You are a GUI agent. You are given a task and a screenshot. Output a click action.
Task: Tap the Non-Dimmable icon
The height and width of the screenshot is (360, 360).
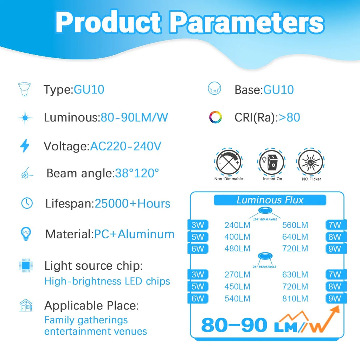tap(229, 162)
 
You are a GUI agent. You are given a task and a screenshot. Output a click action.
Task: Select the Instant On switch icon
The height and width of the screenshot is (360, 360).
tap(272, 162)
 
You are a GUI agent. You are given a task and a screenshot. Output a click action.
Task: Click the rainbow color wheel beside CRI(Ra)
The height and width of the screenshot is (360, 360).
tap(215, 117)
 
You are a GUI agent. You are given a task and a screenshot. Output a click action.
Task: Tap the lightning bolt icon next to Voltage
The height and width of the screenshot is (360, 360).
tap(25, 146)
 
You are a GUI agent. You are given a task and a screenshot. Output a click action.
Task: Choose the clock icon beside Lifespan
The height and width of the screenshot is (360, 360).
tap(27, 203)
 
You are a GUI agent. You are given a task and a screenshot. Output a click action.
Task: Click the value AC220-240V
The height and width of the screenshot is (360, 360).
tap(126, 146)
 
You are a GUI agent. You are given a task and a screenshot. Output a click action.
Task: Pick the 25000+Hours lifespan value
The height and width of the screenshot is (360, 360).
tap(132, 204)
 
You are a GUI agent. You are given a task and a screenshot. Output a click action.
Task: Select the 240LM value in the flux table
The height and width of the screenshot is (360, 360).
tap(237, 225)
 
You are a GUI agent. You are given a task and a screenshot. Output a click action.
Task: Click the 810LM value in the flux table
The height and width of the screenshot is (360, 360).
tap(295, 298)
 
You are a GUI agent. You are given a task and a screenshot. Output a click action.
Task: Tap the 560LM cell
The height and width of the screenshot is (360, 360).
tap(295, 225)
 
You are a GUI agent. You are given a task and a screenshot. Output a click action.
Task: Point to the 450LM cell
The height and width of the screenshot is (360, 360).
tap(237, 287)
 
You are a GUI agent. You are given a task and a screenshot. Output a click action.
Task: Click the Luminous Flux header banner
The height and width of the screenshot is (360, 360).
tap(270, 200)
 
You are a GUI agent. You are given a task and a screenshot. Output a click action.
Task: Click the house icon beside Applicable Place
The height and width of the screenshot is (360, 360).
tap(26, 305)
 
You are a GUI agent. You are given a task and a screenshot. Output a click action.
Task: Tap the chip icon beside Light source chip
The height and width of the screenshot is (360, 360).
tap(26, 265)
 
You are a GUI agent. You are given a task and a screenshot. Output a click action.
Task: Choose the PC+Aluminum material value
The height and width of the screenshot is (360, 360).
tap(134, 234)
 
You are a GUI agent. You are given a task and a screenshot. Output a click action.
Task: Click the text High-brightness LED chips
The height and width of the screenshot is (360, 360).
tap(107, 281)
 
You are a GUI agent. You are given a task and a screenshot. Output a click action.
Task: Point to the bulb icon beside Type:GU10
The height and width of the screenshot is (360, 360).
tap(25, 90)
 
